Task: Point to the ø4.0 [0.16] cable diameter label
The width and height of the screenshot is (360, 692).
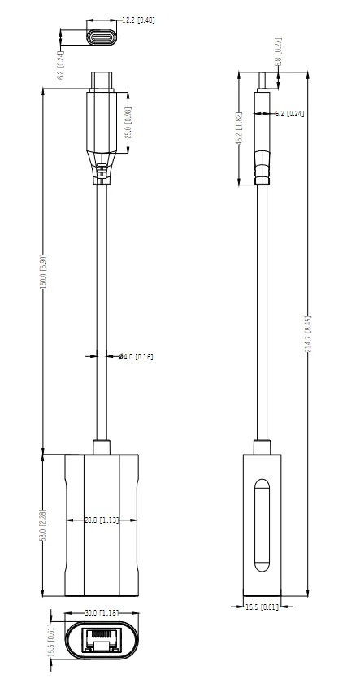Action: pyautogui.click(x=136, y=356)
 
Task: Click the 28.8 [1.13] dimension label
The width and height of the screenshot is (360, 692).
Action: pyautogui.click(x=102, y=520)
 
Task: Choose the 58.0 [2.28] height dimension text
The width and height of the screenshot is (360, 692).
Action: pyautogui.click(x=44, y=526)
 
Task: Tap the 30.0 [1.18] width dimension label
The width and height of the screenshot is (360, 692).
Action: pyautogui.click(x=102, y=613)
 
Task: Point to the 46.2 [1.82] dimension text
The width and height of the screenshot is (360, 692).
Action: pyautogui.click(x=239, y=128)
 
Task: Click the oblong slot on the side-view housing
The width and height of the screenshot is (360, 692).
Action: pyautogui.click(x=262, y=526)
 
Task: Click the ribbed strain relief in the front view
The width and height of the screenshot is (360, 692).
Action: pyautogui.click(x=102, y=173)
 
